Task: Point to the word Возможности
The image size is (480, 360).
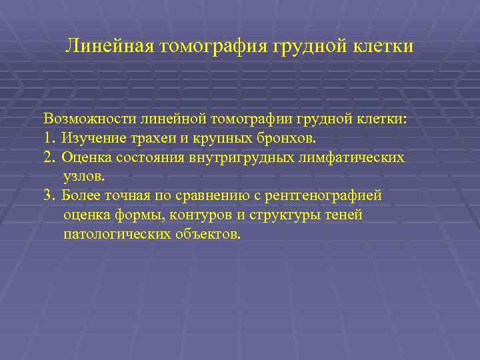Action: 90,119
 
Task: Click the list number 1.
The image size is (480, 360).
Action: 48,139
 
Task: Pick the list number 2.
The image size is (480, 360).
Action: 49,158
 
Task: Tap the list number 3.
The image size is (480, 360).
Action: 49,197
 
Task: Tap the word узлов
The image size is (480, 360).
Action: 83,177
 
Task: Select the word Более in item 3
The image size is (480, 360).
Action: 84,197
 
